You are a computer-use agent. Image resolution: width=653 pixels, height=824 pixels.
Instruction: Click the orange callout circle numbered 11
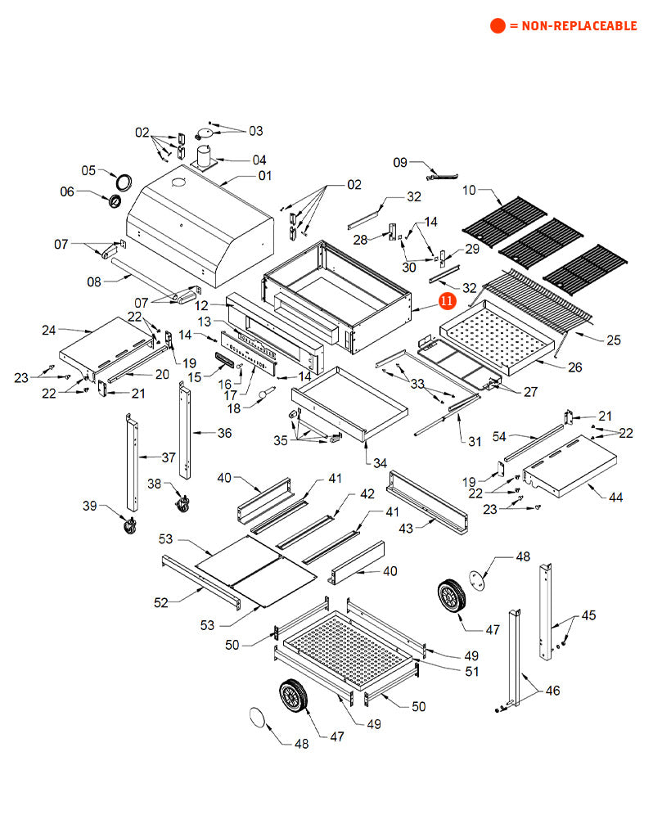447,301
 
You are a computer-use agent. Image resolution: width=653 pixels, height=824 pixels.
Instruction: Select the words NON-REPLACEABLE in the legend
572,26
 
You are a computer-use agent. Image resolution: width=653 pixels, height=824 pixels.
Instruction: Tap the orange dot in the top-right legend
498,26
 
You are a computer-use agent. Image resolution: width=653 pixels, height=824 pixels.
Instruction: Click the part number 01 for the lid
265,175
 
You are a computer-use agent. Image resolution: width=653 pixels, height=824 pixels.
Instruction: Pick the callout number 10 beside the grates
469,191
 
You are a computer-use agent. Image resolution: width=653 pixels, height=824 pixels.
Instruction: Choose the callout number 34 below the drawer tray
380,463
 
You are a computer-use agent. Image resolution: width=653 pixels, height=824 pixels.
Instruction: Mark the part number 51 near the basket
471,671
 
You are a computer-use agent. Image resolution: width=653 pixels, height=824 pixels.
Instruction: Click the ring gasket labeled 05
123,180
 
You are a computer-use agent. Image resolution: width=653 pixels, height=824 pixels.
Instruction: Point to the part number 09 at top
400,162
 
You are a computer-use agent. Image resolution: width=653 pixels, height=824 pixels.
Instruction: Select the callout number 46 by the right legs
553,691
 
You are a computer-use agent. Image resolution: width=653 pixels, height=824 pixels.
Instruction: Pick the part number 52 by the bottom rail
160,603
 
